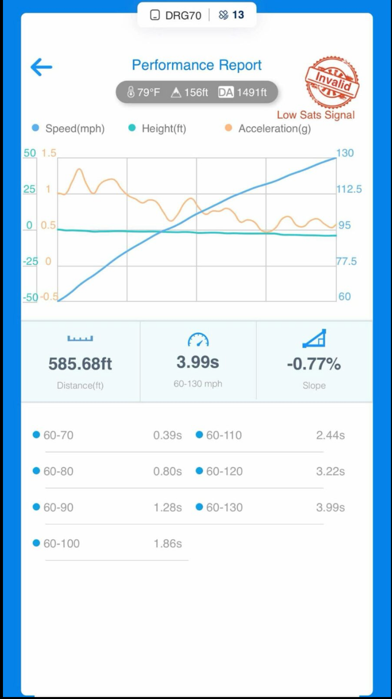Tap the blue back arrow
tap(41, 67)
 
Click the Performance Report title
tap(196, 65)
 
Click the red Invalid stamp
tap(332, 82)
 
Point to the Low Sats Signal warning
tap(315, 115)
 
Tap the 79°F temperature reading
tap(143, 92)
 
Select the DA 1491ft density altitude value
tap(243, 92)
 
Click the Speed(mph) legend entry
tap(69, 129)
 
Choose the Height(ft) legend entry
tap(158, 129)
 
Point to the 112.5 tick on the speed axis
tap(349, 189)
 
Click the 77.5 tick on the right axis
tap(346, 261)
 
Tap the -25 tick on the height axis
tap(30, 261)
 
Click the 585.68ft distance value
tap(80, 364)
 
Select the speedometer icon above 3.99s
tap(198, 339)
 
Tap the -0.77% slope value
tap(314, 364)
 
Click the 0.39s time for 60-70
tap(168, 435)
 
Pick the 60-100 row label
tap(61, 543)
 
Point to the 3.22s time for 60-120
tap(330, 471)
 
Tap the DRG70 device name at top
tap(183, 15)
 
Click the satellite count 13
tap(238, 15)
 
